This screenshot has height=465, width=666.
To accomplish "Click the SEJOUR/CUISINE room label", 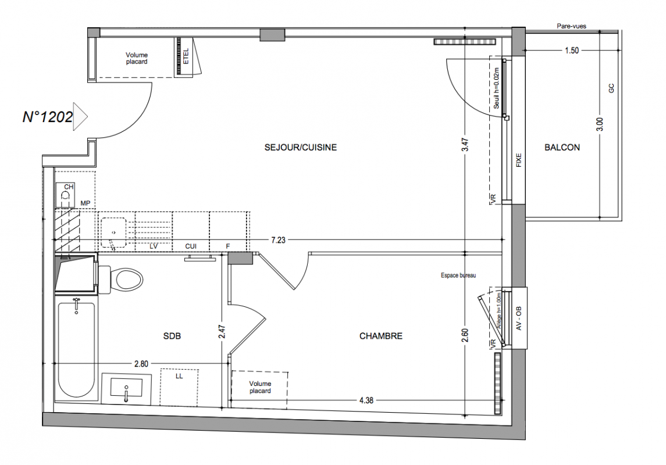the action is pyautogui.click(x=300, y=148).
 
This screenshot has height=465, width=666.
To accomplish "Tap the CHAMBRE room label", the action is pyautogui.click(x=380, y=336).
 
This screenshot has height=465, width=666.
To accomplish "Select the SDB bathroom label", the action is pyautogui.click(x=172, y=336).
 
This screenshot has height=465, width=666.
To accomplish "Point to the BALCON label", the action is pyautogui.click(x=562, y=148).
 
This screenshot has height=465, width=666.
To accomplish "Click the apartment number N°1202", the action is pyautogui.click(x=48, y=117).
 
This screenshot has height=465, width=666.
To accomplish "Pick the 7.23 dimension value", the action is pyautogui.click(x=278, y=240).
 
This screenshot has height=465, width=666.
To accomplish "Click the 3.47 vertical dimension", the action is pyautogui.click(x=465, y=145).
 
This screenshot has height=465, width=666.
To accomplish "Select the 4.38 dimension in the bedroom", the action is pyautogui.click(x=366, y=400).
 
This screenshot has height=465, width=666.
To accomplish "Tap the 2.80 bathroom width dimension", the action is pyautogui.click(x=141, y=364).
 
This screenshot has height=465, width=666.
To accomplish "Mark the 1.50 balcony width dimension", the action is pyautogui.click(x=572, y=51).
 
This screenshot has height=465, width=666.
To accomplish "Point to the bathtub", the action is pyautogui.click(x=76, y=350).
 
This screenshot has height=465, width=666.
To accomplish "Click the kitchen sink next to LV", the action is pyautogui.click(x=113, y=233).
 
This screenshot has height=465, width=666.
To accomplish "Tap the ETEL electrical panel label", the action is pyautogui.click(x=186, y=56).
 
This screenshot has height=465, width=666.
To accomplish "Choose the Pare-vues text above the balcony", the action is pyautogui.click(x=571, y=26).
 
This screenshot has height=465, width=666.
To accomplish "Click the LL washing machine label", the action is pyautogui.click(x=179, y=376).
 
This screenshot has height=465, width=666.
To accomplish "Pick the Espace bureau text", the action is pyautogui.click(x=458, y=276).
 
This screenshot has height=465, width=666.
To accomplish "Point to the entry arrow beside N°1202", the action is pyautogui.click(x=80, y=116).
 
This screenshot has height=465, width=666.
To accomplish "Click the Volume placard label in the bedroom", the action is pyautogui.click(x=260, y=387).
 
